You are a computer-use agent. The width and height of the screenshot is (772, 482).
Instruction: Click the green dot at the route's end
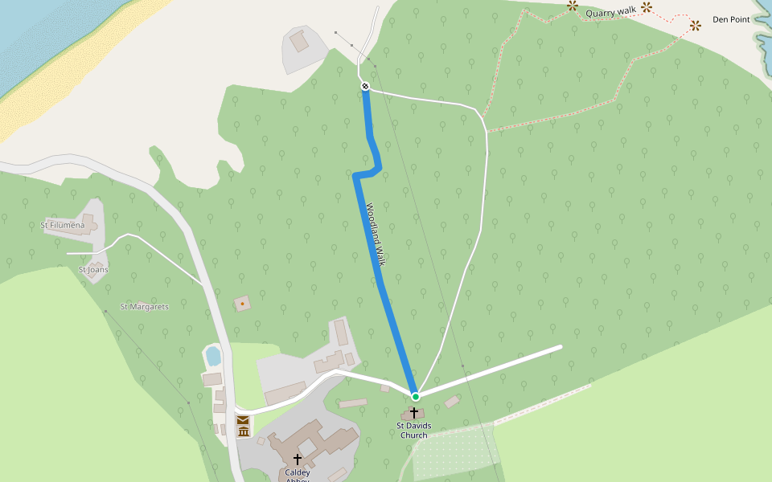[x=415, y=396]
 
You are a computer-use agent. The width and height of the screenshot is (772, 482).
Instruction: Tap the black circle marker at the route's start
[x=365, y=86]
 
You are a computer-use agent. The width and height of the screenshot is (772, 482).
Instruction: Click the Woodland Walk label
[x=376, y=235]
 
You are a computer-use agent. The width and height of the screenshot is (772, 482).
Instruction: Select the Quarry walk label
[x=610, y=12]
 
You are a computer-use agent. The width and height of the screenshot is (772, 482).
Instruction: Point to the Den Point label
[x=731, y=19]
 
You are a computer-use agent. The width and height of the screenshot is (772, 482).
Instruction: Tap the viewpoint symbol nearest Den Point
[x=696, y=26]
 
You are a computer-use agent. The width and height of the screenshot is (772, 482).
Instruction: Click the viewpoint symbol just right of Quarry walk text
[x=646, y=7]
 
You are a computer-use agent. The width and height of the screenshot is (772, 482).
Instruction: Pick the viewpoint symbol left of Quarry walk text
[x=573, y=6]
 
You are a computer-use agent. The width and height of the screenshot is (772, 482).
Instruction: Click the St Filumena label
[x=62, y=226]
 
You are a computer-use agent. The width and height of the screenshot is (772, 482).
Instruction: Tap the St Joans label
[x=93, y=270]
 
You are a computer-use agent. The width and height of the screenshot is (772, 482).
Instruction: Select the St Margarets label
[x=144, y=307]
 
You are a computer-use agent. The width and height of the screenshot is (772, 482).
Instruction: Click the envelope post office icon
[x=243, y=420]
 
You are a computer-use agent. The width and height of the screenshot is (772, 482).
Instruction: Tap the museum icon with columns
[x=243, y=432]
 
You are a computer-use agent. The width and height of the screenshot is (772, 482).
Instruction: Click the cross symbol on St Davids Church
[x=414, y=412]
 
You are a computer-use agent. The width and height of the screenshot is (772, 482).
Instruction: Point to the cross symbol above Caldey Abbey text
[x=297, y=459]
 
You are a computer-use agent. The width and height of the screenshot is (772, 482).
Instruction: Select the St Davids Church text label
[x=414, y=431]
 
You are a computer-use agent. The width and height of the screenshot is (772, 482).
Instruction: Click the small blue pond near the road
[x=213, y=355]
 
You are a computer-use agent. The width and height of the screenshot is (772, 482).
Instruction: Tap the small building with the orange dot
[x=242, y=304]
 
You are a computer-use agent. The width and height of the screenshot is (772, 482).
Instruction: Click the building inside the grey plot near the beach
[x=299, y=41]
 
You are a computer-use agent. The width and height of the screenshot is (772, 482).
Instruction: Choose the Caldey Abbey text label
[x=297, y=474]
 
